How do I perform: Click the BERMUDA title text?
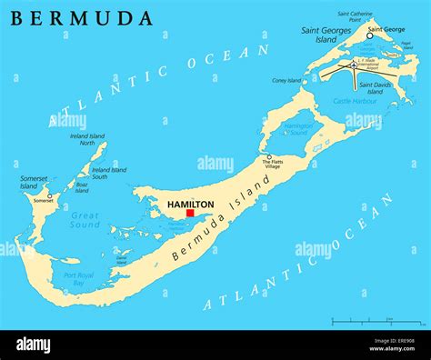82,17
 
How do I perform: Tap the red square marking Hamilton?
189,213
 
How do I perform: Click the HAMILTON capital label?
191,204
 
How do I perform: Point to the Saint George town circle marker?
370,35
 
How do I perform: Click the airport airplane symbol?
352,65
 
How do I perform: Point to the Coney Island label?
286,80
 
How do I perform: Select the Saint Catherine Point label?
355,16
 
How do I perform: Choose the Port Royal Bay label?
79,278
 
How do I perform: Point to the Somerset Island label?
29,183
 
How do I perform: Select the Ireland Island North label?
87,139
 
